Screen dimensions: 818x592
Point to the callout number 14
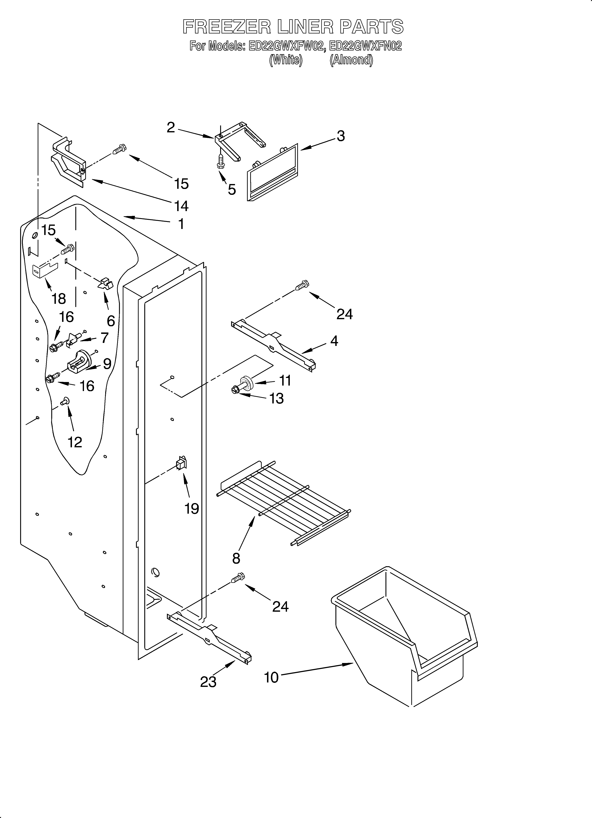[181, 206]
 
